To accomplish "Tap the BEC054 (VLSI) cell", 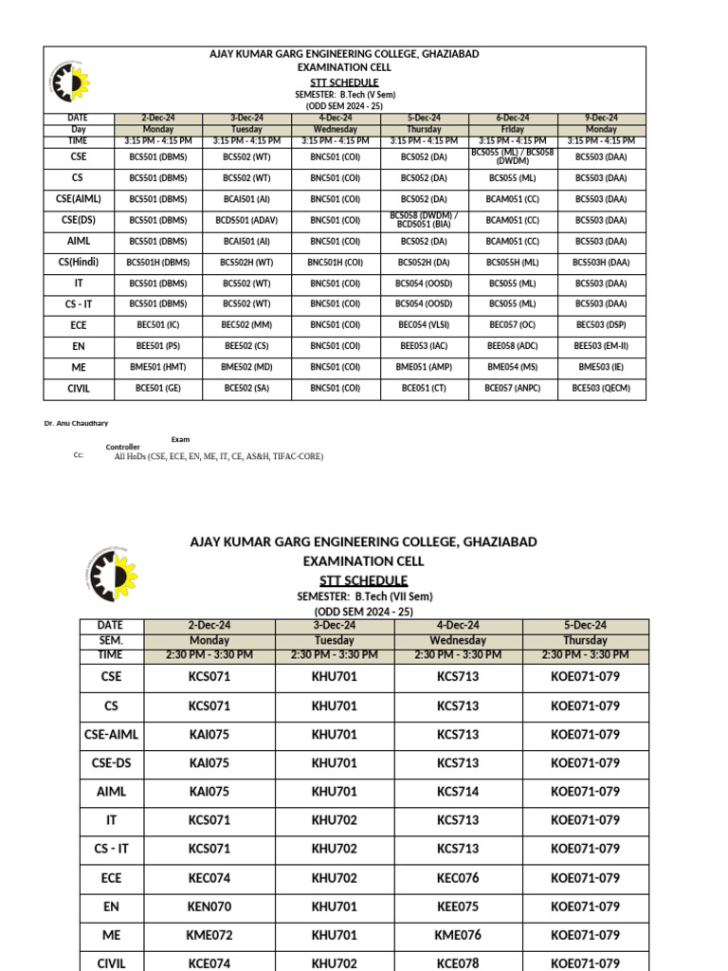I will tap(424, 324).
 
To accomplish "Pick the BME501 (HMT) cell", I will tap(158, 367).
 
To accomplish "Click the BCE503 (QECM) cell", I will tap(601, 388).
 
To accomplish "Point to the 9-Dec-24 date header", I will tap(601, 118).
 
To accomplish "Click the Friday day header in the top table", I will tap(512, 129).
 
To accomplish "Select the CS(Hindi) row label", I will tap(78, 262).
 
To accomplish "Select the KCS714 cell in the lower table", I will tap(458, 792).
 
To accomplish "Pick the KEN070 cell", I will tap(209, 907).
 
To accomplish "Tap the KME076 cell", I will tap(458, 935).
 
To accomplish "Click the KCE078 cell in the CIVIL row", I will tap(458, 962).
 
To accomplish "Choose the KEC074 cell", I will tap(209, 878).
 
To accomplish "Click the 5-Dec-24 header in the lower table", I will tap(585, 625).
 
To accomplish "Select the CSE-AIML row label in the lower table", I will tap(111, 734).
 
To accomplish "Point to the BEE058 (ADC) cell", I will tap(512, 346).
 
